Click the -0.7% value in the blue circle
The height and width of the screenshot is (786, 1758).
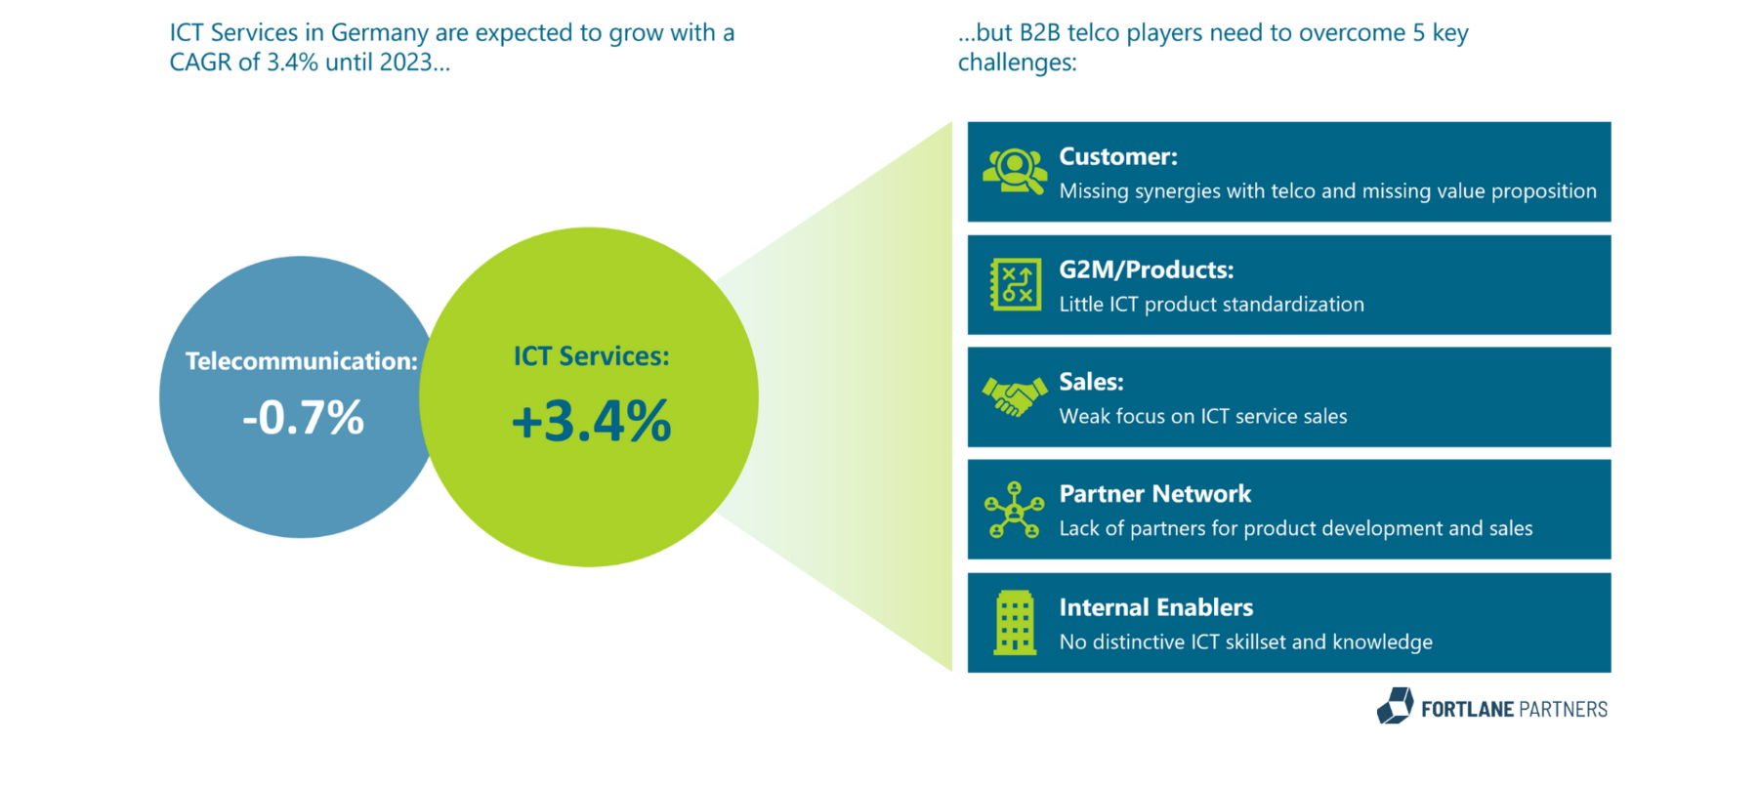coord(303,418)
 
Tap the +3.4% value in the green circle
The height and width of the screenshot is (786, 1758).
coord(591,421)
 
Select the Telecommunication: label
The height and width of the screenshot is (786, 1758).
coord(301,361)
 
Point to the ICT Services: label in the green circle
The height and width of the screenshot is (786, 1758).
coord(591,356)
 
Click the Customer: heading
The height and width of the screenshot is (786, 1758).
coord(1117,156)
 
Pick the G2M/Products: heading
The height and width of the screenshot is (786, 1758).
coord(1146,269)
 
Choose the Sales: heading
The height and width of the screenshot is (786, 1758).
coord(1091,382)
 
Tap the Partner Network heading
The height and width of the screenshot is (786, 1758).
coord(1154,494)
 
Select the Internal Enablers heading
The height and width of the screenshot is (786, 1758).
coord(1155,607)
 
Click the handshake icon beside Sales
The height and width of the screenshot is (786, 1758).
coord(1014,396)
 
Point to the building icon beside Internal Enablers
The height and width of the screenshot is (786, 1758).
coord(1014,622)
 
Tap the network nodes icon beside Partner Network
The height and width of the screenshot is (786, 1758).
coord(1014,510)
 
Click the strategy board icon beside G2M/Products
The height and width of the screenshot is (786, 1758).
coord(1015,285)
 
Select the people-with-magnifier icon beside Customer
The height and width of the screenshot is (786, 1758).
coord(1014,172)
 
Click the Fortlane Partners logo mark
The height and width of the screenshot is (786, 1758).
coord(1395,706)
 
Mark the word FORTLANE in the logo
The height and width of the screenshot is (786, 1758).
coord(1467,710)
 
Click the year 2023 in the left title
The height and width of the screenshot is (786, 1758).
coord(405,62)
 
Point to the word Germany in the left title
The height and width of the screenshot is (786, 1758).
coord(379,33)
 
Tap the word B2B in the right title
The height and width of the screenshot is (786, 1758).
coord(1039,33)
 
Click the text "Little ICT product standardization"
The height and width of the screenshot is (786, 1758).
coord(1211,305)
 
